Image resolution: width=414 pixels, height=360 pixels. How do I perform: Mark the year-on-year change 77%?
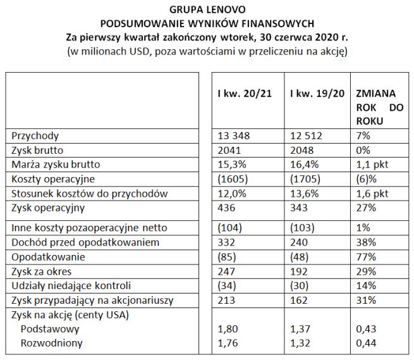tap(367, 258)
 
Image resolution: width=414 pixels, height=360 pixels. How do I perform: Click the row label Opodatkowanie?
tap(42, 258)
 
